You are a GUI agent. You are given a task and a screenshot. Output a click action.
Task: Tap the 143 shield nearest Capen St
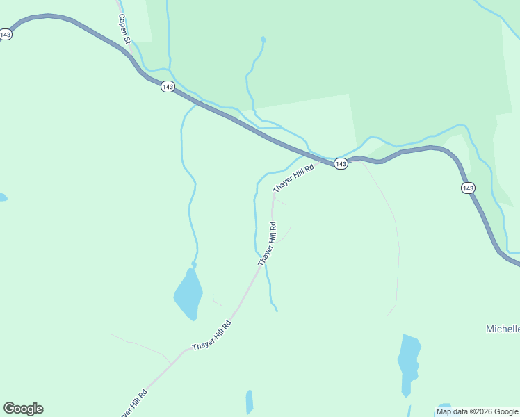(x=167, y=86)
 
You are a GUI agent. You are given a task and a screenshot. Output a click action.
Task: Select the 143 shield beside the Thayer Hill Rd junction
(x=340, y=163)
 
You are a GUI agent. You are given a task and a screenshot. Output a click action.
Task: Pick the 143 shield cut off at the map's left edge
(x=5, y=34)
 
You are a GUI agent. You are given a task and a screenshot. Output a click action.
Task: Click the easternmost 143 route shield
(x=468, y=188)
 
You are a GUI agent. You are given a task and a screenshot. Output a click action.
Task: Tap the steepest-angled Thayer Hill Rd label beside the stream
(x=268, y=243)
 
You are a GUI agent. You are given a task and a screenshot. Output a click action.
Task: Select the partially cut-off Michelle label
(x=502, y=329)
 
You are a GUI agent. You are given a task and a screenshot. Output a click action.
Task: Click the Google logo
(x=23, y=409)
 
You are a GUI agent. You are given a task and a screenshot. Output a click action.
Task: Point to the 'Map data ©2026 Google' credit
(x=478, y=411)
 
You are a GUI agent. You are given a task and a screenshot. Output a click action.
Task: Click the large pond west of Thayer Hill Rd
(x=188, y=293)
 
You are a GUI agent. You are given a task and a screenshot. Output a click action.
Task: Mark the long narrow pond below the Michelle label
(x=409, y=363)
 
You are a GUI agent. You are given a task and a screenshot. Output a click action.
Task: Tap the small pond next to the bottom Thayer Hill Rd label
(x=249, y=402)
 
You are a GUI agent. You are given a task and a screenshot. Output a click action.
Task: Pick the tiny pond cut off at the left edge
(x=2, y=198)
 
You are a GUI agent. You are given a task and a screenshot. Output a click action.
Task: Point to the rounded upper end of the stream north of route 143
(x=263, y=40)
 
